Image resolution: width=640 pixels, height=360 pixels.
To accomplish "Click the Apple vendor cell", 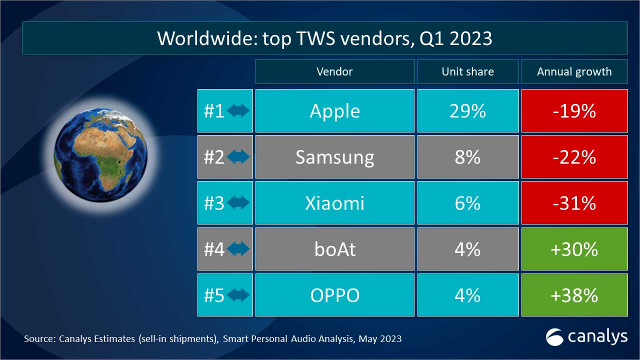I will click(x=334, y=111).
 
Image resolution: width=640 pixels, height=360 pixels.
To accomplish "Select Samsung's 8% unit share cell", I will click(x=467, y=157).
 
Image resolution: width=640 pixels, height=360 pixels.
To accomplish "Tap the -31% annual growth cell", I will click(x=574, y=203).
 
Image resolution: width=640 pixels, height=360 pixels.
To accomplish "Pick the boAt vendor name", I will click(x=334, y=249).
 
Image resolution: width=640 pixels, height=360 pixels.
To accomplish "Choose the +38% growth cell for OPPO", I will click(x=574, y=295).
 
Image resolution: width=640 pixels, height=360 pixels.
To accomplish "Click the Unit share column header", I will click(x=467, y=71).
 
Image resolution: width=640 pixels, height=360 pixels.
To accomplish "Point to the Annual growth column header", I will click(x=574, y=71).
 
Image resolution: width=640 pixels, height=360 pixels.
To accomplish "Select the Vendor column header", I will click(x=334, y=71).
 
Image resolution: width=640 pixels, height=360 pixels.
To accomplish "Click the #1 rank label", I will click(x=214, y=111).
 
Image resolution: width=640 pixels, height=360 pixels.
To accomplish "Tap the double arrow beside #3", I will click(x=238, y=203).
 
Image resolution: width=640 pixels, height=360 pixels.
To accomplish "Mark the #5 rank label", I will click(x=214, y=295).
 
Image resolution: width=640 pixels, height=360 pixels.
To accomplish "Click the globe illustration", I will click(x=100, y=150).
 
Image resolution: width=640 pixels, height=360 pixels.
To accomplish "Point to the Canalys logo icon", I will click(x=554, y=336).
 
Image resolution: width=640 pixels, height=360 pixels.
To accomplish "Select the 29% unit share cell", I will click(x=467, y=111).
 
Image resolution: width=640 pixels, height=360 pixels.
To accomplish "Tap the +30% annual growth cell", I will click(x=574, y=249).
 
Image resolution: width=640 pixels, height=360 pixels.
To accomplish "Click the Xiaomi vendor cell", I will click(x=334, y=203).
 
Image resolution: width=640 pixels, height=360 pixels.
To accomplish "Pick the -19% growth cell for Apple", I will click(x=574, y=111).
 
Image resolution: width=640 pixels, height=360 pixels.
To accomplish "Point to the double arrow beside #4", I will click(x=238, y=249).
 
